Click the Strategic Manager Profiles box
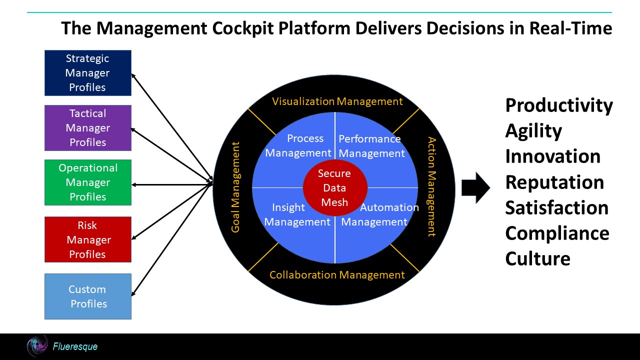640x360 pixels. [x=87, y=73]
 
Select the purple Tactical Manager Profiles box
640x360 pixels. [x=87, y=128]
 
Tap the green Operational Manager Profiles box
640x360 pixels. [x=87, y=182]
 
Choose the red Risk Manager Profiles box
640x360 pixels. [x=87, y=239]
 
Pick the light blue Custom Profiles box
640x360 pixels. [x=87, y=296]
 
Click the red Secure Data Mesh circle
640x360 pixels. [x=334, y=188]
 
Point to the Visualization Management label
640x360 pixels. [x=337, y=101]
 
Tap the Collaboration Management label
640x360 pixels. [x=337, y=275]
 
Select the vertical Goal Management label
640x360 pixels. [x=235, y=187]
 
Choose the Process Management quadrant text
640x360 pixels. [x=298, y=145]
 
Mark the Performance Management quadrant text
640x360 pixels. [x=371, y=146]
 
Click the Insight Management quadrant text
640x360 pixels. [x=297, y=214]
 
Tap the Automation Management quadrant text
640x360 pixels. [x=379, y=214]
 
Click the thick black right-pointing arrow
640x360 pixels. [x=475, y=187]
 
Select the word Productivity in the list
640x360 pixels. [x=558, y=105]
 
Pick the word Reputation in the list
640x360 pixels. [x=554, y=182]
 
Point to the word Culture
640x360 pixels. [x=537, y=259]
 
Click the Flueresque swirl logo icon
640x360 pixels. [x=37, y=346]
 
